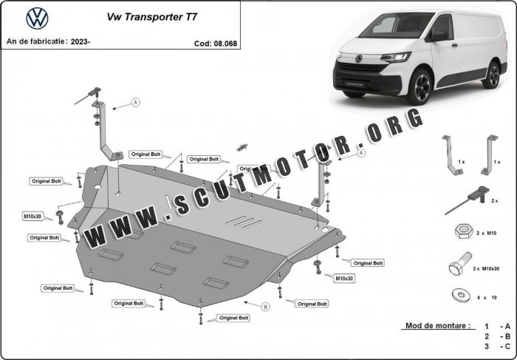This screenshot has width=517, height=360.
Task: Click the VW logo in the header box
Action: point(37,18)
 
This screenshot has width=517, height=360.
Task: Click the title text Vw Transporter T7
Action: point(152,17)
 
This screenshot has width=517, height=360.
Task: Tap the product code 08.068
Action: point(225,44)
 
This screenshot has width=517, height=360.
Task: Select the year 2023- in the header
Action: point(81,41)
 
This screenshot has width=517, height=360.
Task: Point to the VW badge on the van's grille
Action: point(358,58)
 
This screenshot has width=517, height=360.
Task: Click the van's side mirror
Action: point(437,35)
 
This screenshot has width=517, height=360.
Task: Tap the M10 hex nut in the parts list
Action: point(464,231)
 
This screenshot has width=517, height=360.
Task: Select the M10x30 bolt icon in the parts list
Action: point(460,264)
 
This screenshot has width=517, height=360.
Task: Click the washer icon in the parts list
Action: point(461,296)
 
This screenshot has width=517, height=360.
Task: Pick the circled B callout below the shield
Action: point(265,307)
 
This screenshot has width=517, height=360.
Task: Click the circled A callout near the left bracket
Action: point(135,103)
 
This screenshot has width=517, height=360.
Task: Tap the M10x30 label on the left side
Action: point(32,216)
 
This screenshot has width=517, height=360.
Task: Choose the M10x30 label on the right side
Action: point(345,279)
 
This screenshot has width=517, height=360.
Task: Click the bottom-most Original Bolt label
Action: point(233,318)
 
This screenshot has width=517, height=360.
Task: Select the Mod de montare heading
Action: point(437,326)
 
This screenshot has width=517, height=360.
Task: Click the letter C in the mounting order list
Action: point(507,346)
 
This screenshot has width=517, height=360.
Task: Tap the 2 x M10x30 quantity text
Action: point(486,268)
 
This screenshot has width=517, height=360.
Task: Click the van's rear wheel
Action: point(492,75)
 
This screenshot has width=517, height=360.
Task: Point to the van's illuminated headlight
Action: point(396,57)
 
